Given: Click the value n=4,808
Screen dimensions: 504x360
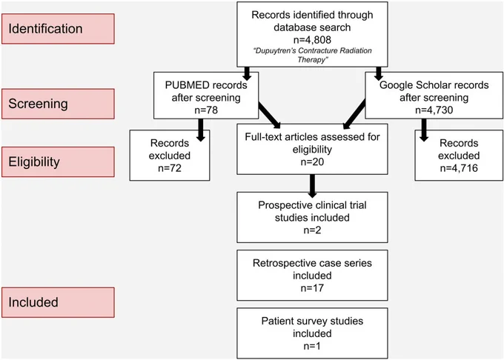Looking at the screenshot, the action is point(312,40).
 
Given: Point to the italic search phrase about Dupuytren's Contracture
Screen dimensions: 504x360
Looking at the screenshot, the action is point(312,55).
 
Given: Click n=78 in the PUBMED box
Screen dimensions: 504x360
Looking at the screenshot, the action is point(206,110).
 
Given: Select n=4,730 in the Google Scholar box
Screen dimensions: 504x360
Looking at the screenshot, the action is point(434,110).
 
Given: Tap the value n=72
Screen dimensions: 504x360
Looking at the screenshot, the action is point(170,168).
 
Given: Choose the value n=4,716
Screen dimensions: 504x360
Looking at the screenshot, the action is point(459,168).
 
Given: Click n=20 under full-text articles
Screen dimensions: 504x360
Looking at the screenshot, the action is point(312,162).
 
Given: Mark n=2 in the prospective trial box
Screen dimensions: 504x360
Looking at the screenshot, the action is point(312,230).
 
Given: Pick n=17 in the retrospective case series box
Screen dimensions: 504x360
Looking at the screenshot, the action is point(312,288).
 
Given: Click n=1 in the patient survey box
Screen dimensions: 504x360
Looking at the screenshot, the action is point(312,346).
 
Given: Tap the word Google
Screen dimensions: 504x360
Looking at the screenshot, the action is point(396,85).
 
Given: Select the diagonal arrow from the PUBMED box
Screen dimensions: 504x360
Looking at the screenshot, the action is point(269,115).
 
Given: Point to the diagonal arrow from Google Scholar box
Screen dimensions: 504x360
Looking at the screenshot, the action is point(354,114).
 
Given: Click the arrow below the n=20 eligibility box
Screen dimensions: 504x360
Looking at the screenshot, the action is point(312,186).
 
